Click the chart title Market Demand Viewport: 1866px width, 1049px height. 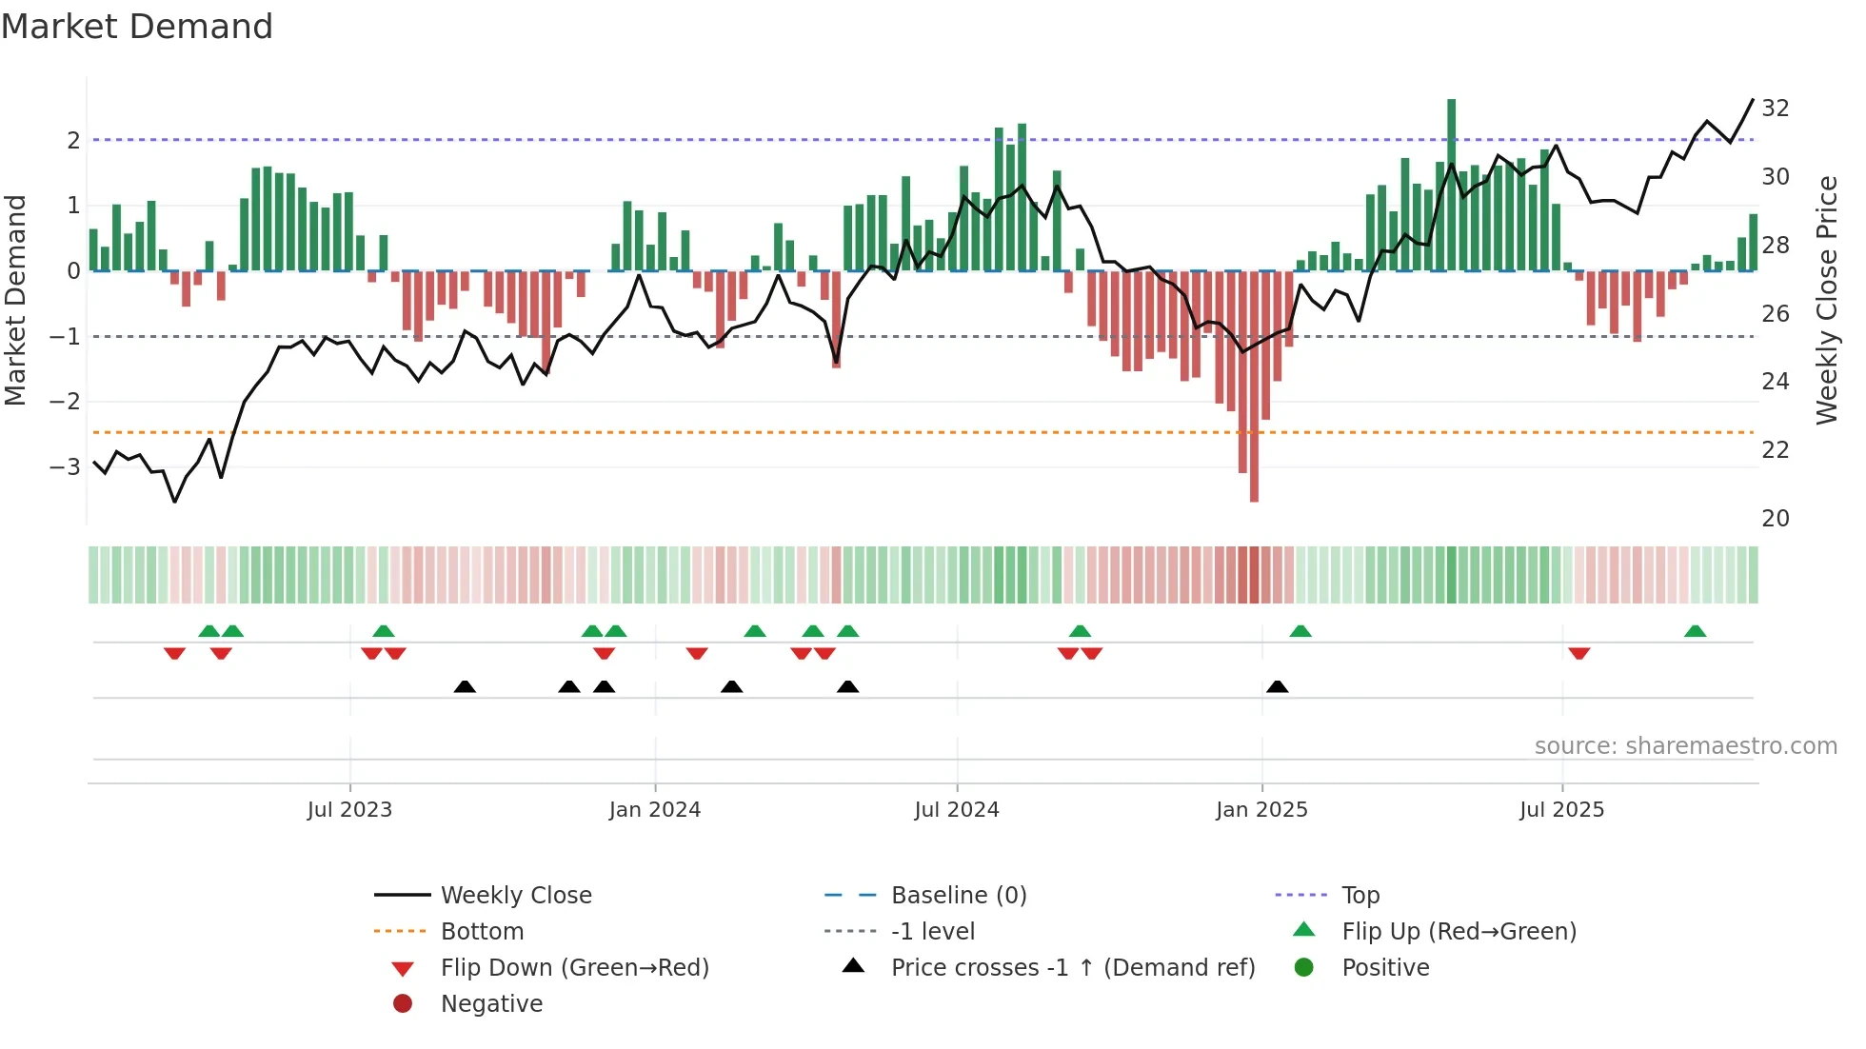137,27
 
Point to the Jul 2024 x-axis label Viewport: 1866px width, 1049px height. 957,810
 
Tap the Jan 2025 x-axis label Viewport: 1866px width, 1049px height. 1261,810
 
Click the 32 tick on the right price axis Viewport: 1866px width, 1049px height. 1776,109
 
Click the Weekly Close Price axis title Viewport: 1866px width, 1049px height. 1826,300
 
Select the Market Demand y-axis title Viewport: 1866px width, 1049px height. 15,300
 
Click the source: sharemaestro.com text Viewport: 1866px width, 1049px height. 1685,746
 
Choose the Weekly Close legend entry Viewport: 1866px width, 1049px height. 515,896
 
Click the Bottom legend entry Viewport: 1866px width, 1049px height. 482,932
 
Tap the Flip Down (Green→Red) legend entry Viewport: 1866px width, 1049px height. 574,968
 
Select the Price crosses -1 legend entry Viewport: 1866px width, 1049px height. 1072,968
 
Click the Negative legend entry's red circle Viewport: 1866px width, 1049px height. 403,1004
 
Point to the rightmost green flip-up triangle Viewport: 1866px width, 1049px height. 1695,631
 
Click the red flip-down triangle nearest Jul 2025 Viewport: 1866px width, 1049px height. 1579,654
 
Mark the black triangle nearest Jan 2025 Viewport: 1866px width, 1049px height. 1278,687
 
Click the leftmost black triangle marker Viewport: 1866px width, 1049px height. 465,687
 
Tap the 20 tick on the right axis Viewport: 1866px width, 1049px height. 1776,519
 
